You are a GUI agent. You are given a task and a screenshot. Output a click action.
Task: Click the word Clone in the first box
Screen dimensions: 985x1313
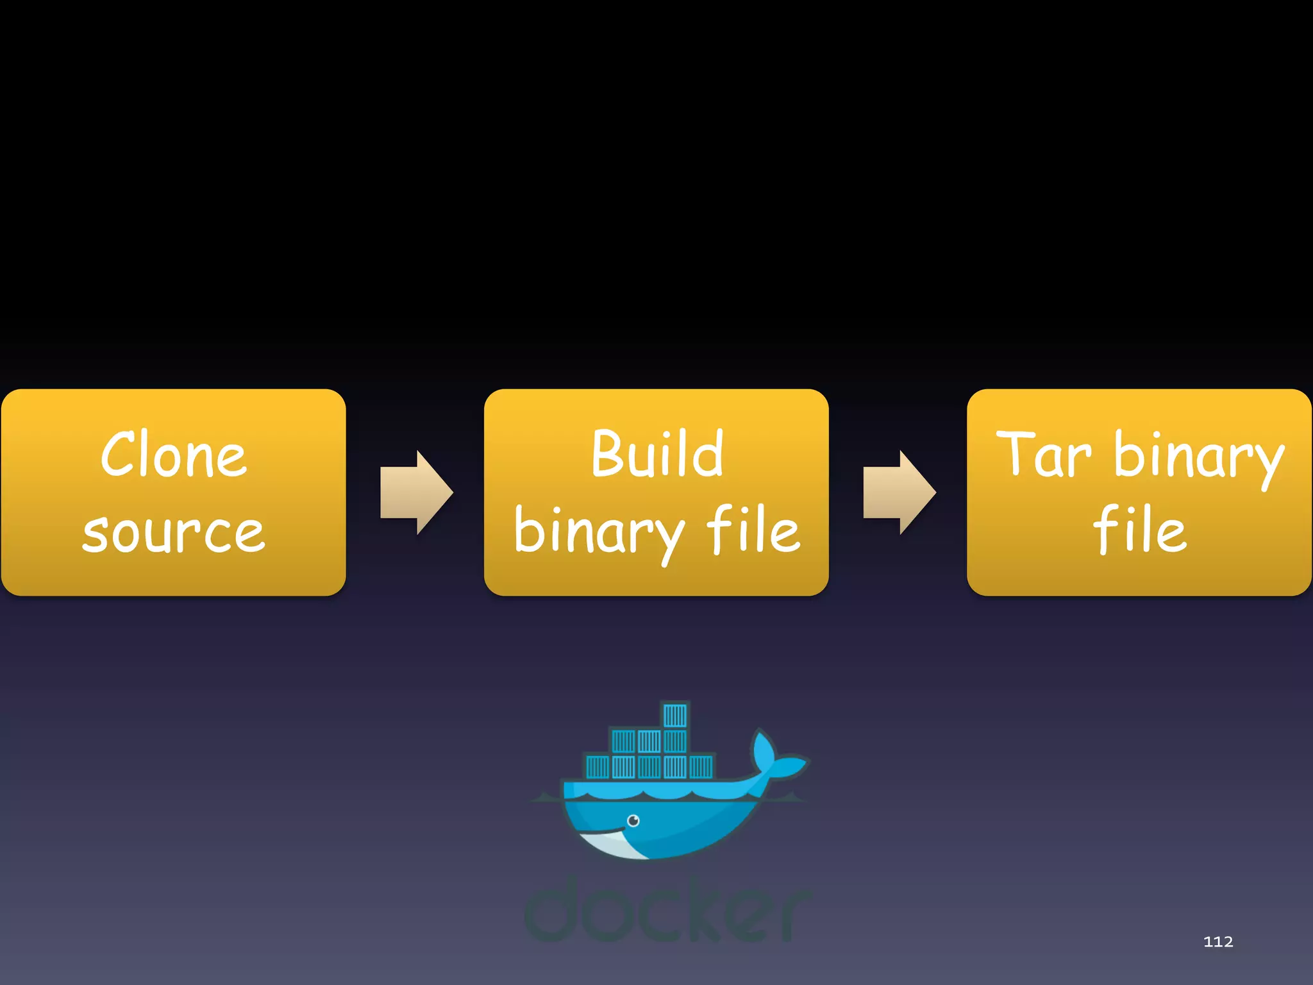[173, 455]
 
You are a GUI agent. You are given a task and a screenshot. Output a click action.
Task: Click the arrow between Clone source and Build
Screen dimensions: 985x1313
[416, 492]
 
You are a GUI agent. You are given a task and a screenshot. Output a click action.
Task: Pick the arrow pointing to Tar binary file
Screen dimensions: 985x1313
[899, 492]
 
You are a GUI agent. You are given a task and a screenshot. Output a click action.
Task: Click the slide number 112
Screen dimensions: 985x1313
[1218, 941]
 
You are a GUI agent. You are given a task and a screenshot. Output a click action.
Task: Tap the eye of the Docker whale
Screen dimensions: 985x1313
[633, 821]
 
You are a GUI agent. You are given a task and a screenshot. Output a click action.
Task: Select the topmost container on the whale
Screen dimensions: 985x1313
[674, 715]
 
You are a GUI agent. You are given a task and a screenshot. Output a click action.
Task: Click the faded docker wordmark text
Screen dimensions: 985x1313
[667, 911]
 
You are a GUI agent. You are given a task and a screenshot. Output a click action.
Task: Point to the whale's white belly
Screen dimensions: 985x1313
[612, 845]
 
